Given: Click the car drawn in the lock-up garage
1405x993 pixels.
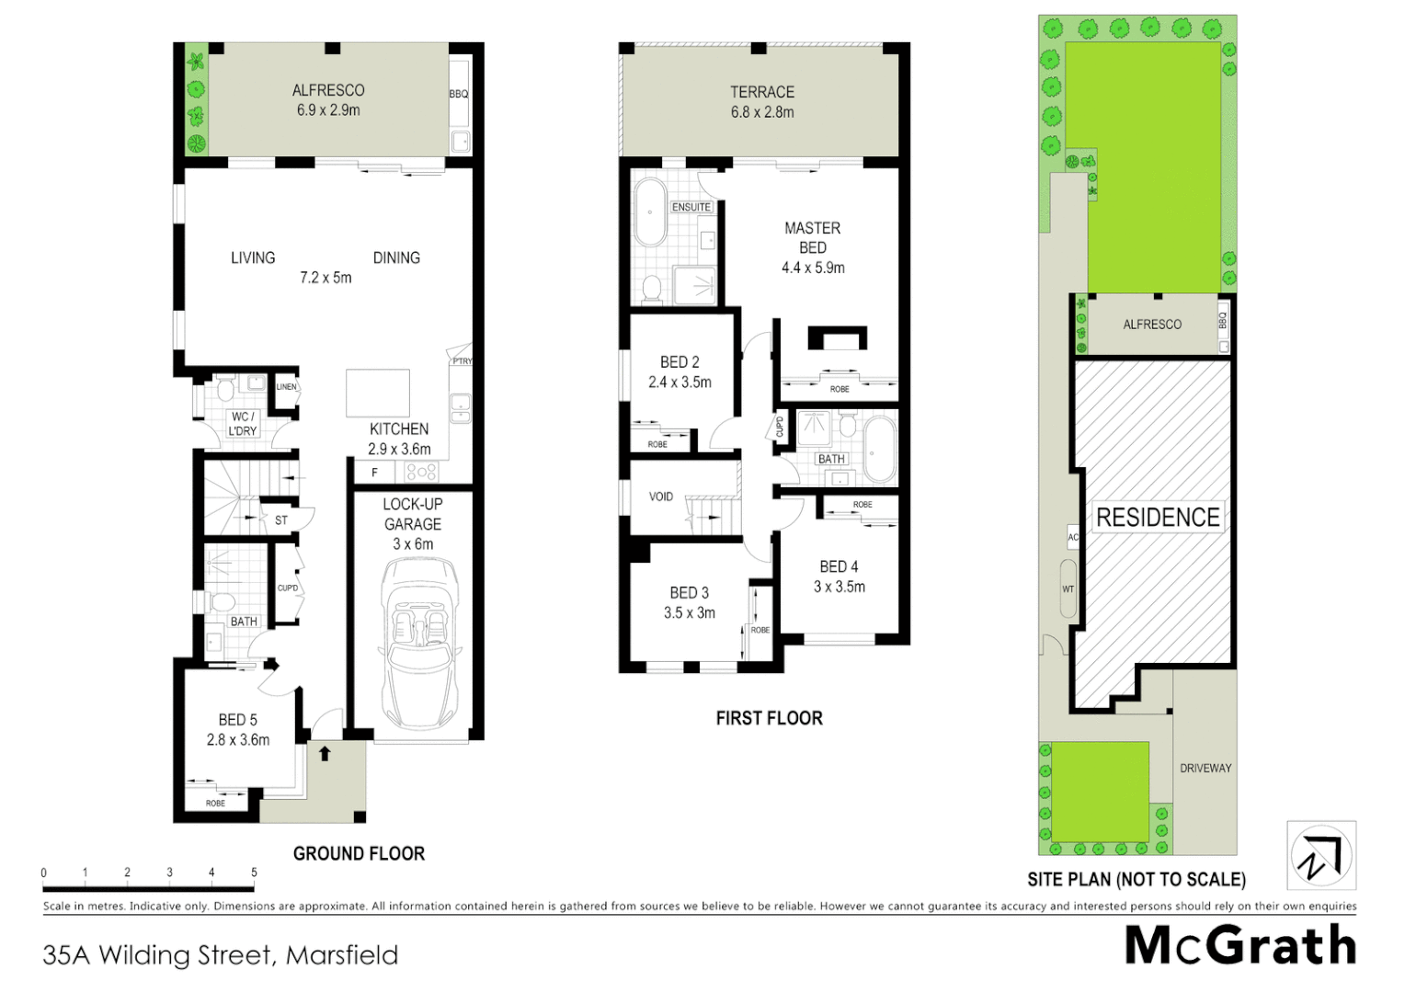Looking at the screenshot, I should tap(413, 644).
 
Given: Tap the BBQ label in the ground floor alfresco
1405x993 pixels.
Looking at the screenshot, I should tap(459, 94).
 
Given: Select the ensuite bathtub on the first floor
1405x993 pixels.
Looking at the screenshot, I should tap(650, 212).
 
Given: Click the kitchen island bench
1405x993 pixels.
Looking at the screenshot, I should tap(378, 394).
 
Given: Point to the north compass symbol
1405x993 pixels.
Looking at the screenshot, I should tap(1321, 855).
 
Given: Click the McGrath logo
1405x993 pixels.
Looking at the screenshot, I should tap(1240, 945).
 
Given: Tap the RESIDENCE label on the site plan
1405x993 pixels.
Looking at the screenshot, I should tap(1158, 518).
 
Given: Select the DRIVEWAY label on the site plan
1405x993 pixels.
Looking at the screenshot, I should tap(1205, 768).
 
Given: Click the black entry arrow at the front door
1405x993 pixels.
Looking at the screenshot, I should tap(324, 754).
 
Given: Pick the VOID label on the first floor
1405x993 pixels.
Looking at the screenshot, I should tap(661, 496).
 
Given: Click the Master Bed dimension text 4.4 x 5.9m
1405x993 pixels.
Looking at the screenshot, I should tap(813, 268).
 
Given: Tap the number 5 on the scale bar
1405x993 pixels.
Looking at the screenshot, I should tap(254, 873).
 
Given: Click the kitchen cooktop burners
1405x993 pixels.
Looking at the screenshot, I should tap(421, 473).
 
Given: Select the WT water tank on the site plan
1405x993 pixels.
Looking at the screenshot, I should tap(1068, 588).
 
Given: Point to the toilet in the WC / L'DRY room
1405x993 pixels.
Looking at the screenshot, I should tap(225, 391).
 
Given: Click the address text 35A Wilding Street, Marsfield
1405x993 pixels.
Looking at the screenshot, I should tap(221, 954).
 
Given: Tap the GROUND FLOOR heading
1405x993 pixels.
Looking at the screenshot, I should tap(359, 853).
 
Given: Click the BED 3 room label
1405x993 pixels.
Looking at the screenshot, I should tap(689, 593).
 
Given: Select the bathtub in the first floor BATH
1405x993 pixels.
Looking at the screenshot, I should tap(880, 450).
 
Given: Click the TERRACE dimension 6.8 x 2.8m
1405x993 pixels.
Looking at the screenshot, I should tap(762, 112).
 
